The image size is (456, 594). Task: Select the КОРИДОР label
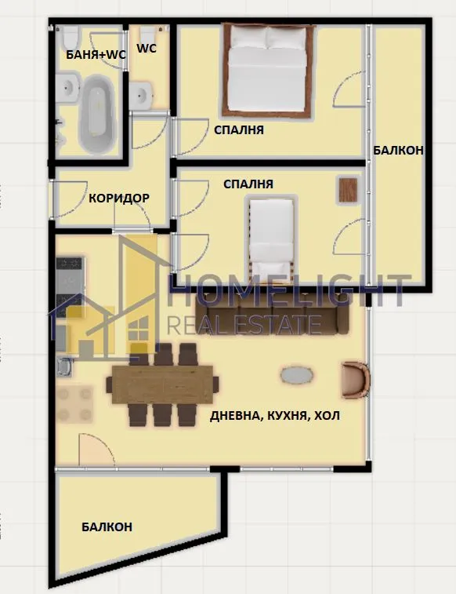pos(118,198)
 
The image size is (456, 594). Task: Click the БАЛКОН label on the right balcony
pos(398,150)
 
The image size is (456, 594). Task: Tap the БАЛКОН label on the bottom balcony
pos(107,527)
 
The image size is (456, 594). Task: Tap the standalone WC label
pos(147,48)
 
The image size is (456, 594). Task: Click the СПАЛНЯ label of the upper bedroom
pos(238,129)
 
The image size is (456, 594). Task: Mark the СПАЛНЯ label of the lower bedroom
pos(248,184)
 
